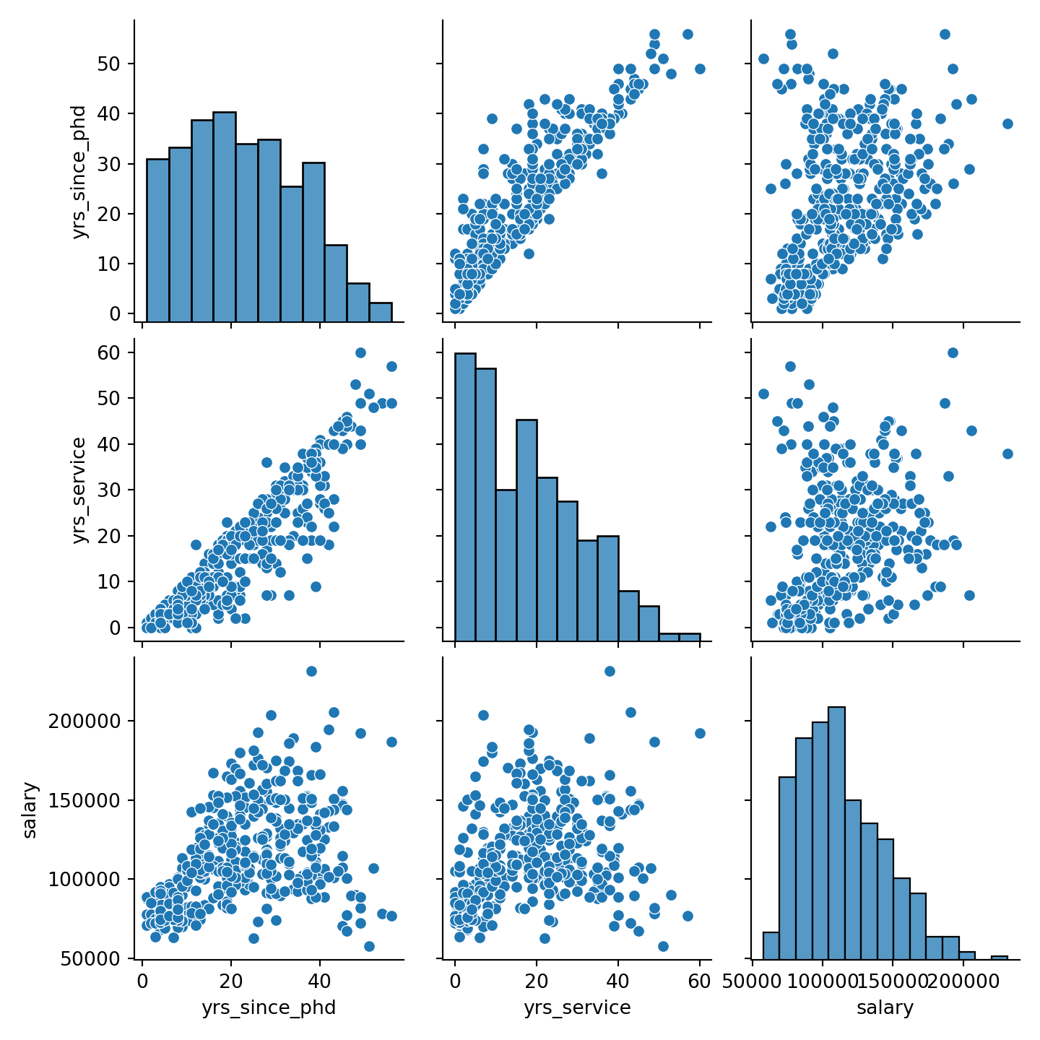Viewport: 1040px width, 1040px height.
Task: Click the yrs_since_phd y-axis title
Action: [x=79, y=172]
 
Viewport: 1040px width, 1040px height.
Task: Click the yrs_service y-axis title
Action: [x=79, y=490]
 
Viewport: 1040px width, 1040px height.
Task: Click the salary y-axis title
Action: [x=30, y=809]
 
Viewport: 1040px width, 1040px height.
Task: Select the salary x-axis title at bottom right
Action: [x=885, y=1007]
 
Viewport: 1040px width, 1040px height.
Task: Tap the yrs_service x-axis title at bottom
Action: [x=577, y=1007]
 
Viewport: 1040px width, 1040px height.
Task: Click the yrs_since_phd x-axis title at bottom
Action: [x=269, y=1007]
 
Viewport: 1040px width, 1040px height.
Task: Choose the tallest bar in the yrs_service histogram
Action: [x=465, y=495]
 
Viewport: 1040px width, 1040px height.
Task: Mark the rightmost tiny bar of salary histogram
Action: [x=999, y=957]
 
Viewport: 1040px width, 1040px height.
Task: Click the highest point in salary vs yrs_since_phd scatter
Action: [x=311, y=671]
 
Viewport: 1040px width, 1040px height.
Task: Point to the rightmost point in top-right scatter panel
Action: [x=1007, y=123]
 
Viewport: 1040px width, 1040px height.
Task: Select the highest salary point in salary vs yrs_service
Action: [x=610, y=671]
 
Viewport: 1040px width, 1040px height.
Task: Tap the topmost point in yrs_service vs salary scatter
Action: [x=953, y=352]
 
